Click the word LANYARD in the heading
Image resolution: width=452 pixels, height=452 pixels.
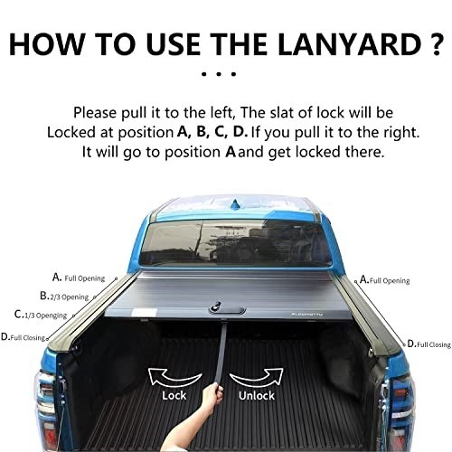click(x=349, y=44)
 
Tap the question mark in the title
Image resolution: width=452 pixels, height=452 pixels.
click(x=436, y=44)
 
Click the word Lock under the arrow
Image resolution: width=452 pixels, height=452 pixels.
click(x=174, y=395)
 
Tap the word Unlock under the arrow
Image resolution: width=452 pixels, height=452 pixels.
click(x=257, y=395)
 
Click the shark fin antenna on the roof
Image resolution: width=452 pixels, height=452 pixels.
click(x=234, y=205)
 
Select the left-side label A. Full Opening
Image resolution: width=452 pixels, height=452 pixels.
click(x=79, y=278)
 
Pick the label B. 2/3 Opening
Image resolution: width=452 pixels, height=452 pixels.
click(x=64, y=297)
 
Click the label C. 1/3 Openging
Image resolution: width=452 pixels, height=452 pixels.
click(x=41, y=315)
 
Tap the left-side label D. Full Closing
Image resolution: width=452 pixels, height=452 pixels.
click(x=24, y=337)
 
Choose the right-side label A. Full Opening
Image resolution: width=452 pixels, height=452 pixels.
click(x=385, y=280)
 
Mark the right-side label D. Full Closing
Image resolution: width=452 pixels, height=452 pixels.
click(x=429, y=344)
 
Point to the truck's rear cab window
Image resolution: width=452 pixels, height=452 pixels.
click(x=236, y=243)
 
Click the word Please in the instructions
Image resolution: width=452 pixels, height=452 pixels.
click(x=95, y=113)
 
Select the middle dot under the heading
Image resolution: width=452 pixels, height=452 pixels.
click(x=219, y=74)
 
